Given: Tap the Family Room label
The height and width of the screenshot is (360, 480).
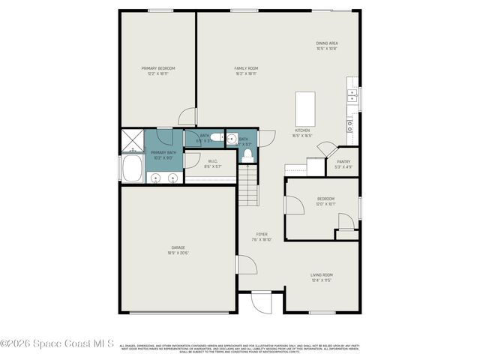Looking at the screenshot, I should click(x=246, y=68).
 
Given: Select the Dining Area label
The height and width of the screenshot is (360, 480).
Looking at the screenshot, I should click(x=326, y=43).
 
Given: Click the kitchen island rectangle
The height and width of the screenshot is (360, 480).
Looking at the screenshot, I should click(x=304, y=109).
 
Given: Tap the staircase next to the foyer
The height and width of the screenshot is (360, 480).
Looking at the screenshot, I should click(x=247, y=186).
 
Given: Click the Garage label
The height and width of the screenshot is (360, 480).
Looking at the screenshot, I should click(x=178, y=247).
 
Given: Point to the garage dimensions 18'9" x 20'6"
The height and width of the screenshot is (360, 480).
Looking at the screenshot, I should click(x=178, y=253).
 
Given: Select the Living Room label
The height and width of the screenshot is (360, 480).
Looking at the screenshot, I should click(x=322, y=275).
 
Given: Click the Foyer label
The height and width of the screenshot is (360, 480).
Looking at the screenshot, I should click(x=262, y=234).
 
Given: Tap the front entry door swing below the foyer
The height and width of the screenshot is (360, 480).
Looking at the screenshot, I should click(x=260, y=302).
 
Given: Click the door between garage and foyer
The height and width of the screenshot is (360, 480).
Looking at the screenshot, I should click(x=245, y=265).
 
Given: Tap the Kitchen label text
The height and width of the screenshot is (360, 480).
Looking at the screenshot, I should click(x=302, y=130).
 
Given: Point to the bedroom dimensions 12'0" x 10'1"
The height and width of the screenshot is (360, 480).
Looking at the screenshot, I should click(x=325, y=204).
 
